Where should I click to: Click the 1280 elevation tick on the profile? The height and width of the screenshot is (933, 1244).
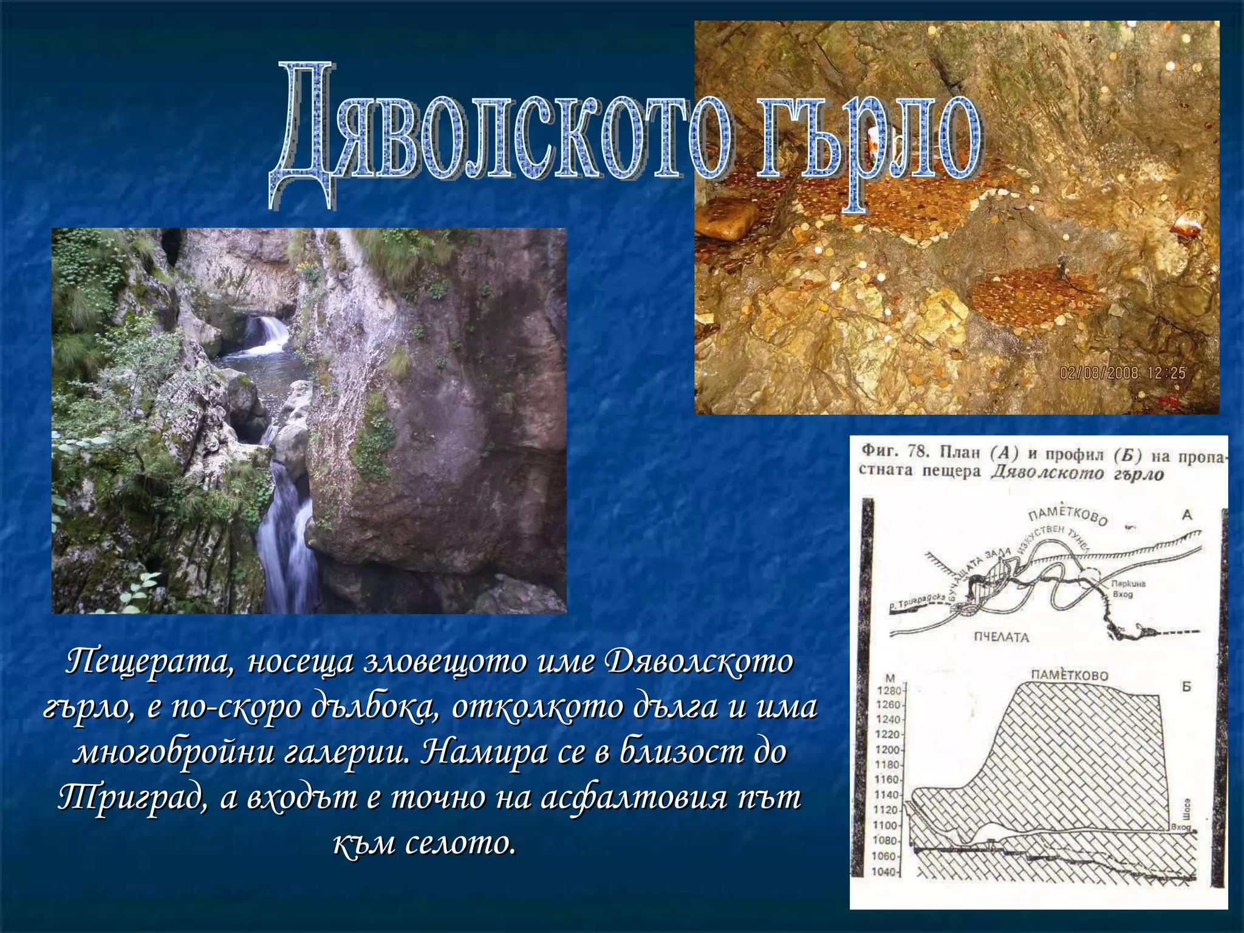pos(889,690)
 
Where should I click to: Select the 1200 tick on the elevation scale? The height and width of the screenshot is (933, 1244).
pos(887,750)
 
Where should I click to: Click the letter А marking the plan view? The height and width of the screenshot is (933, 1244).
pos(1186,515)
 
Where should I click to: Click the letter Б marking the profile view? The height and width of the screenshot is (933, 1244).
pos(1186,687)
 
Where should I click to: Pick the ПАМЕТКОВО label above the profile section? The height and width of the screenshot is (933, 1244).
pos(1069,675)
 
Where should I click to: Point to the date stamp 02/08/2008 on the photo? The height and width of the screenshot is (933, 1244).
pos(1098,372)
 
